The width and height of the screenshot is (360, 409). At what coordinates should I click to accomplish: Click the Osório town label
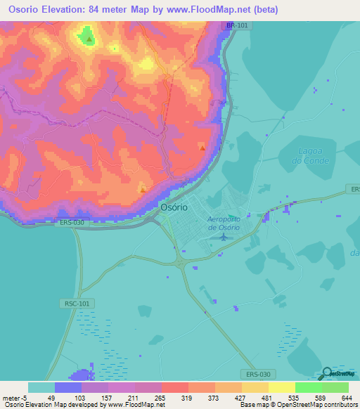pyautogui.click(x=174, y=208)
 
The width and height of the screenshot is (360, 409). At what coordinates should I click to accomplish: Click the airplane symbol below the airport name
pyautogui.click(x=224, y=237)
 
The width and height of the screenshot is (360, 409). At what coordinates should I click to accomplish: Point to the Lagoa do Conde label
pyautogui.click(x=300, y=165)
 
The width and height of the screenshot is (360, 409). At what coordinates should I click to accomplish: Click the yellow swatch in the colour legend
pyautogui.click(x=281, y=387)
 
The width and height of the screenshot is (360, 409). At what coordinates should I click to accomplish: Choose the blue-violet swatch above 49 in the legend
pyautogui.click(x=68, y=387)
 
